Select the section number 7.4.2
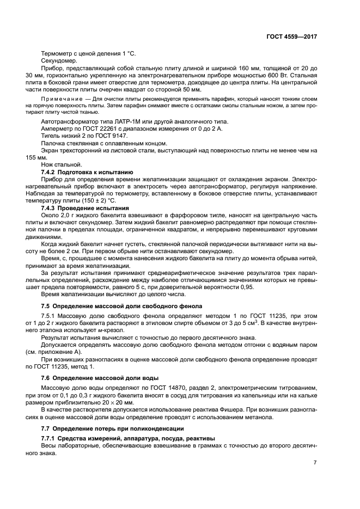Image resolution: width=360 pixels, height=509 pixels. pyautogui.click(x=51, y=172)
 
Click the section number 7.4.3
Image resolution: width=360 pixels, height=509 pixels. pyautogui.click(x=51, y=207)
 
